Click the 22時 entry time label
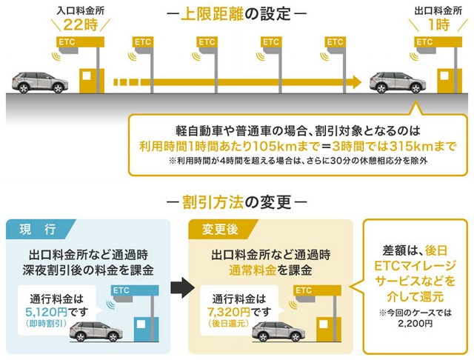pos(81,24)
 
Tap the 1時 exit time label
pos(439,24)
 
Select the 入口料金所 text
pos(81,10)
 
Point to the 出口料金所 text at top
pos(438,10)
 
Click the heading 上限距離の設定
pos(236,14)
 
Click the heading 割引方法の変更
pos(237,202)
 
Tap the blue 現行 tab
pos(39,229)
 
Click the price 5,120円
pos(46,312)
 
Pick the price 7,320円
pos(229,312)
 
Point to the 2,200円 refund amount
pos(415,324)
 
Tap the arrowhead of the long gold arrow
pos(356,82)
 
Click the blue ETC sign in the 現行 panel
pos(135,291)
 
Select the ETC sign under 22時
pos(81,42)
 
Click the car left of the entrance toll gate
pos(40,82)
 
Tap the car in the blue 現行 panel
pos(96,332)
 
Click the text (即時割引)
pos(46,324)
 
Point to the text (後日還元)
pos(229,324)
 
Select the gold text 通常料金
pos(253,270)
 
